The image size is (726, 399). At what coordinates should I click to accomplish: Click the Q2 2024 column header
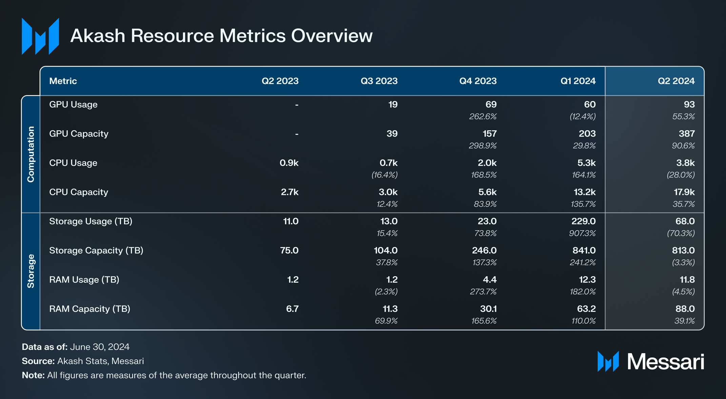(x=676, y=81)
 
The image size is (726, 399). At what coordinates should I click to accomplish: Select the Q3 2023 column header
(x=379, y=81)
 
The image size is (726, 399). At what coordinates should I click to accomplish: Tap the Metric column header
(x=63, y=81)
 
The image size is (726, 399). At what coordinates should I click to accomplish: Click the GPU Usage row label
(x=73, y=104)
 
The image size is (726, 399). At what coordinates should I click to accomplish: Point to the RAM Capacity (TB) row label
(x=89, y=309)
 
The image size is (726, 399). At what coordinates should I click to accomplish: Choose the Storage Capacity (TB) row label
(x=96, y=251)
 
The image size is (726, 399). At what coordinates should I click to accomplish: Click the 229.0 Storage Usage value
(x=583, y=221)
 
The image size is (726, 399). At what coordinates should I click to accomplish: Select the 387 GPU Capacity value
(x=686, y=134)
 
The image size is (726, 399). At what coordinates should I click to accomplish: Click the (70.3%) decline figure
(x=681, y=233)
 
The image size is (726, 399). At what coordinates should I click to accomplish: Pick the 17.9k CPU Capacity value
(x=684, y=192)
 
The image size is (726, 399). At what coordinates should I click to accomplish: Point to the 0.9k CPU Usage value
(x=289, y=163)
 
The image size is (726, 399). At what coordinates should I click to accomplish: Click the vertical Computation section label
(x=31, y=154)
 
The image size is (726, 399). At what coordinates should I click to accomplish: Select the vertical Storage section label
(x=31, y=271)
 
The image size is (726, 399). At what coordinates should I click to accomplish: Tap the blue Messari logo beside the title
(x=40, y=36)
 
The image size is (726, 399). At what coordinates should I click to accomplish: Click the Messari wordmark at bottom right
(x=665, y=362)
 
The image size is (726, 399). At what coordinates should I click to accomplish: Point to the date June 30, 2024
(x=100, y=347)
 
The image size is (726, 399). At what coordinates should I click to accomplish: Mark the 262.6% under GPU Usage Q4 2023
(x=483, y=117)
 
